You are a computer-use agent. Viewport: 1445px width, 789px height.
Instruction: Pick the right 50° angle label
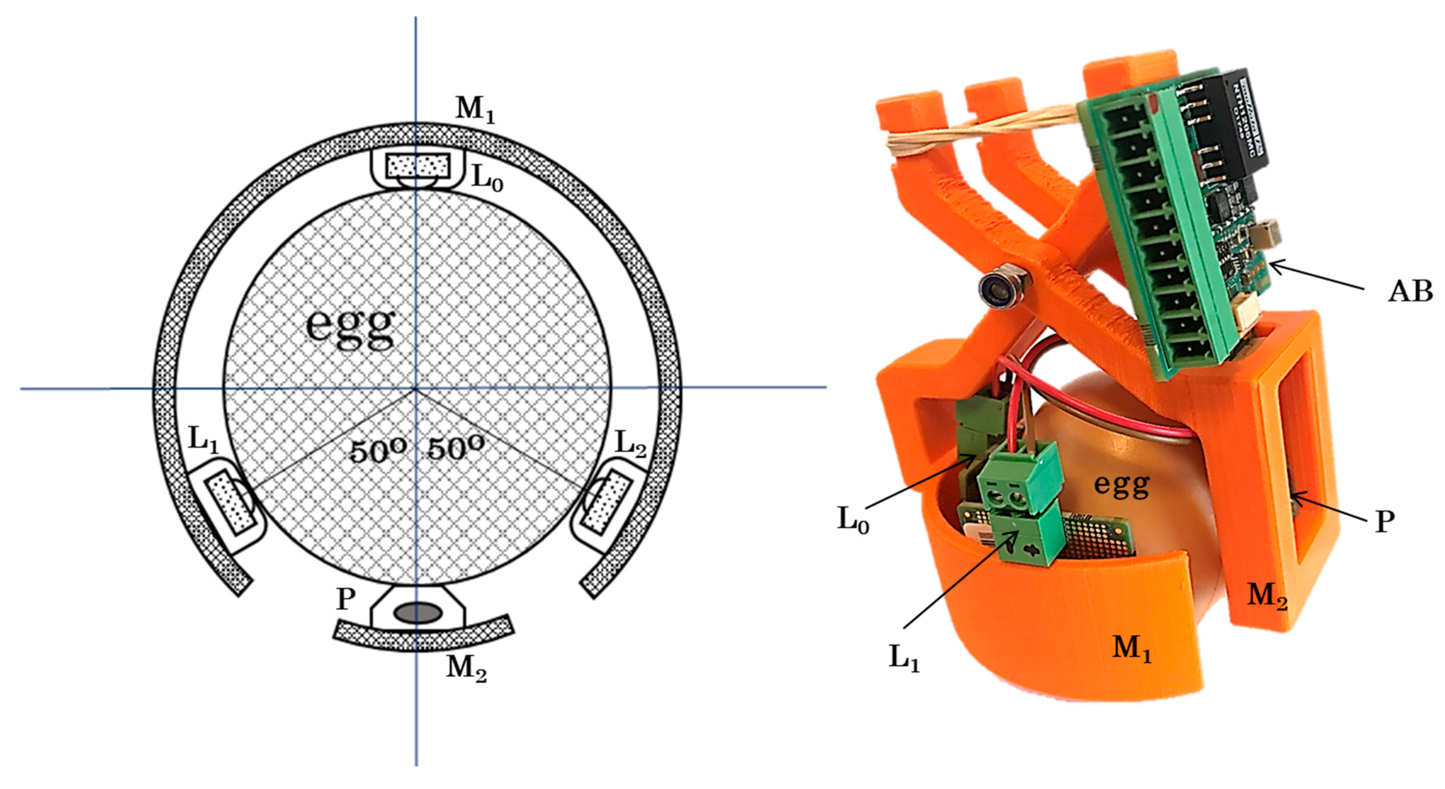(x=455, y=449)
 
